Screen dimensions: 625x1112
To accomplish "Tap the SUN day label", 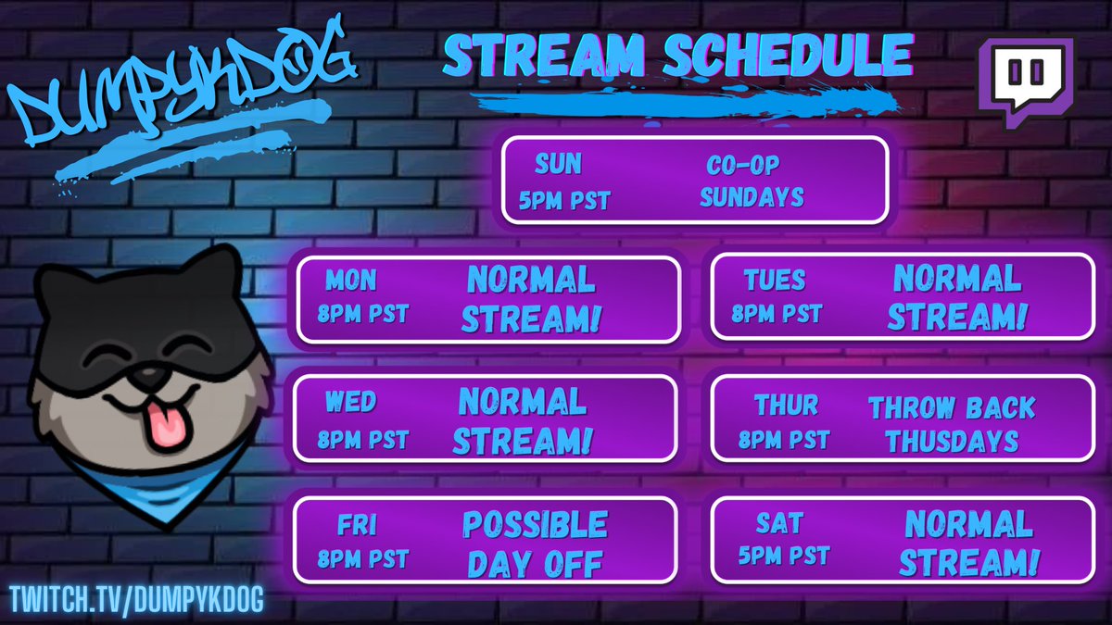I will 558,165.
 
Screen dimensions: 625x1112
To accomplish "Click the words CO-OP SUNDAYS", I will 751,181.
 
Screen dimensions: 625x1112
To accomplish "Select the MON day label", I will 351,280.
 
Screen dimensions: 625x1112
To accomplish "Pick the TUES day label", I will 775,280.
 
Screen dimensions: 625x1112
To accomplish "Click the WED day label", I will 350,402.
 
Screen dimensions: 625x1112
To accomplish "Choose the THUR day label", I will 786,405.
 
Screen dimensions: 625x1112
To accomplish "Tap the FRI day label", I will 357,526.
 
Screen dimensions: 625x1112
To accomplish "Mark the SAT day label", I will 778,524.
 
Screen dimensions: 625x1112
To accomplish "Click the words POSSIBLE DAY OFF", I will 535,544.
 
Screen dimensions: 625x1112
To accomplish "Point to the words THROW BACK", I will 951,407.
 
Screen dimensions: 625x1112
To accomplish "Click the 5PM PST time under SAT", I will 784,556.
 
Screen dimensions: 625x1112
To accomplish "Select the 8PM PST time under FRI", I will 362,558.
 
